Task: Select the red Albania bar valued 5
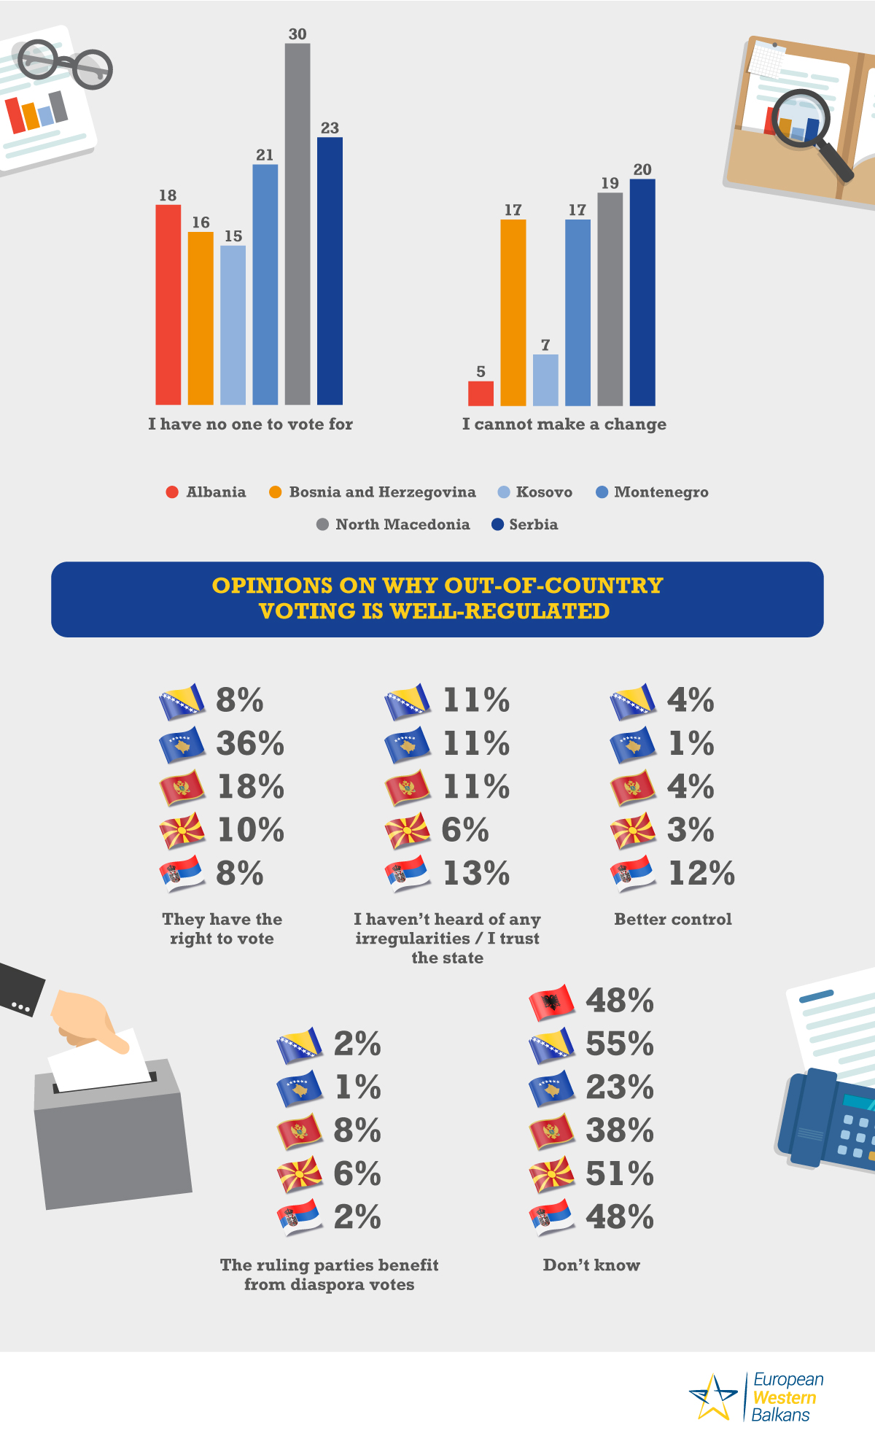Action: (481, 393)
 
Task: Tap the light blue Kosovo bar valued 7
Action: (545, 380)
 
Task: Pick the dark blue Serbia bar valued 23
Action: (330, 271)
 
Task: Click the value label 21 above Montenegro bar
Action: (265, 155)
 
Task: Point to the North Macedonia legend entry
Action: (394, 524)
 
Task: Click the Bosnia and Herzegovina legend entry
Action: (373, 492)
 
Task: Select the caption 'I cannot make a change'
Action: (564, 424)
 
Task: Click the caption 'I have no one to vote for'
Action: (250, 424)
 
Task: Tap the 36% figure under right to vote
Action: (250, 744)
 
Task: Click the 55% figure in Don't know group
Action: (620, 1044)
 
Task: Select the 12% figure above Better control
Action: (701, 874)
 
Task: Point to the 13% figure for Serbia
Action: (476, 874)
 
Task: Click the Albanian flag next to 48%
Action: (552, 1003)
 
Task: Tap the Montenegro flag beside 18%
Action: (182, 788)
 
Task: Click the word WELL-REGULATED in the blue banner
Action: (499, 611)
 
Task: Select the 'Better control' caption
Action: (672, 920)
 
